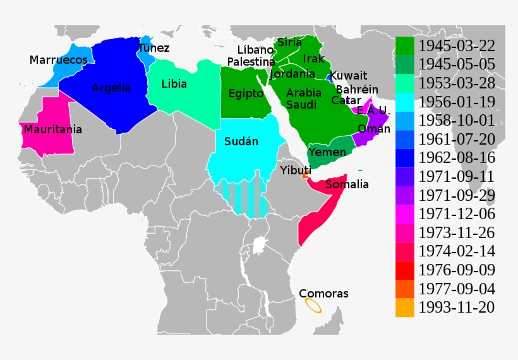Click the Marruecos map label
pyautogui.click(x=58, y=60)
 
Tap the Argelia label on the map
pyautogui.click(x=111, y=88)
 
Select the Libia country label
pyautogui.click(x=174, y=83)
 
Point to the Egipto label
pyautogui.click(x=246, y=93)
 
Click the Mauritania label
pyautogui.click(x=53, y=129)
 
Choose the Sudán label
pyautogui.click(x=241, y=141)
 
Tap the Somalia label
pyautogui.click(x=347, y=184)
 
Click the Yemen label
pyautogui.click(x=327, y=153)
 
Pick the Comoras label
pyautogui.click(x=323, y=294)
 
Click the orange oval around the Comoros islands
pyautogui.click(x=312, y=306)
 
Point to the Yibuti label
pyautogui.click(x=296, y=171)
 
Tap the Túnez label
pyautogui.click(x=154, y=48)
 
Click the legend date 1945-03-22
pyautogui.click(x=456, y=45)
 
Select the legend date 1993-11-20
pyautogui.click(x=456, y=308)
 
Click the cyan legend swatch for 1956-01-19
pyautogui.click(x=405, y=102)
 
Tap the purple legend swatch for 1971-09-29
pyautogui.click(x=405, y=195)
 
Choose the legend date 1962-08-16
pyautogui.click(x=456, y=158)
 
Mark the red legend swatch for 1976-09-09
pyautogui.click(x=405, y=270)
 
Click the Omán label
pyautogui.click(x=370, y=129)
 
